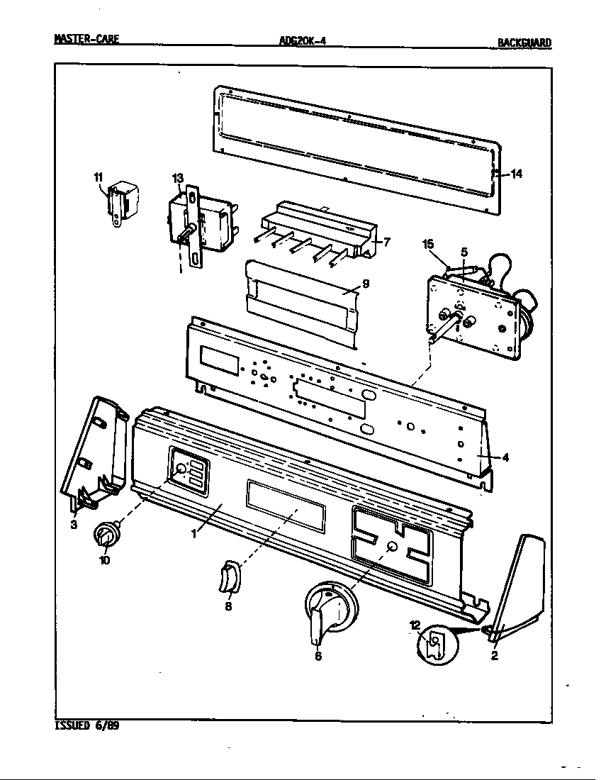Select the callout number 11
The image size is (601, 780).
[99, 177]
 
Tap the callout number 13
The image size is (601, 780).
[177, 178]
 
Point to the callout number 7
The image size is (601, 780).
[387, 242]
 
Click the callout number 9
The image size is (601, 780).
[365, 284]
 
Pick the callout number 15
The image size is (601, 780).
[428, 245]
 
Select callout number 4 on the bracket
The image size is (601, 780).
[505, 457]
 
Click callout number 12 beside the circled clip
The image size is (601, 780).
[415, 625]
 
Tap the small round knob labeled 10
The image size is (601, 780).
[106, 537]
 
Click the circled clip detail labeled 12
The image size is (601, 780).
[434, 642]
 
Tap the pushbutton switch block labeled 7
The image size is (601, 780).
[319, 230]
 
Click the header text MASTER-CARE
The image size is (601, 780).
[86, 40]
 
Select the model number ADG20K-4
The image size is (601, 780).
[303, 41]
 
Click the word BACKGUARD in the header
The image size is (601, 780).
[524, 43]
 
